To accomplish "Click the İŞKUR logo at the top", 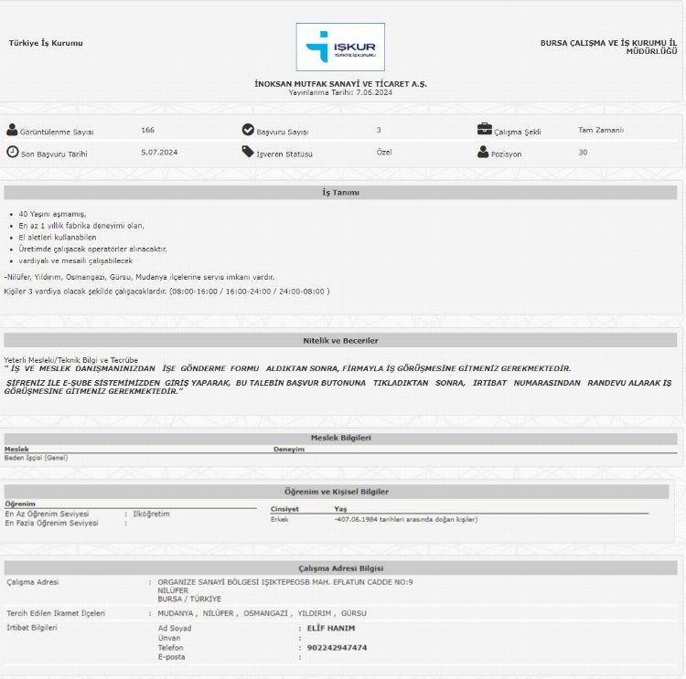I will pyautogui.click(x=340, y=47).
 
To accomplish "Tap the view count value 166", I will pyautogui.click(x=148, y=130).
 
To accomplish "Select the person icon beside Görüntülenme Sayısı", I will pyautogui.click(x=12, y=130).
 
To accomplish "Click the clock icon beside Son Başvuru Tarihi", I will pyautogui.click(x=12, y=152).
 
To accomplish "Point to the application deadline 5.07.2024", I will pyautogui.click(x=159, y=152).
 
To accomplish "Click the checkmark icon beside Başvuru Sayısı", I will pyautogui.click(x=248, y=130).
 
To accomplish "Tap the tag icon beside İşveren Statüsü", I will pyautogui.click(x=248, y=152).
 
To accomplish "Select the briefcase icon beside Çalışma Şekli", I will pyautogui.click(x=484, y=130).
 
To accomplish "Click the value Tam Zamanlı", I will pyautogui.click(x=601, y=130).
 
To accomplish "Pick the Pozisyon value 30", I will pyautogui.click(x=583, y=152).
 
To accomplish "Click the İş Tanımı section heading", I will pyautogui.click(x=340, y=193).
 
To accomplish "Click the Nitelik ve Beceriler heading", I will pyautogui.click(x=340, y=341).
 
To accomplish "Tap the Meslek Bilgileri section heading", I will pyautogui.click(x=340, y=438).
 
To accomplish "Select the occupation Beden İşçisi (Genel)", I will pyautogui.click(x=36, y=457).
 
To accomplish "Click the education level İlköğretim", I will pyautogui.click(x=152, y=514).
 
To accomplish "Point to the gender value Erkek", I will pyautogui.click(x=280, y=519).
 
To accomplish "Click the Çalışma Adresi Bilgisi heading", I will pyautogui.click(x=340, y=568).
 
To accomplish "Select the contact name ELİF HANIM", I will pyautogui.click(x=331, y=628).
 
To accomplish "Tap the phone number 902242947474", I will pyautogui.click(x=337, y=647).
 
